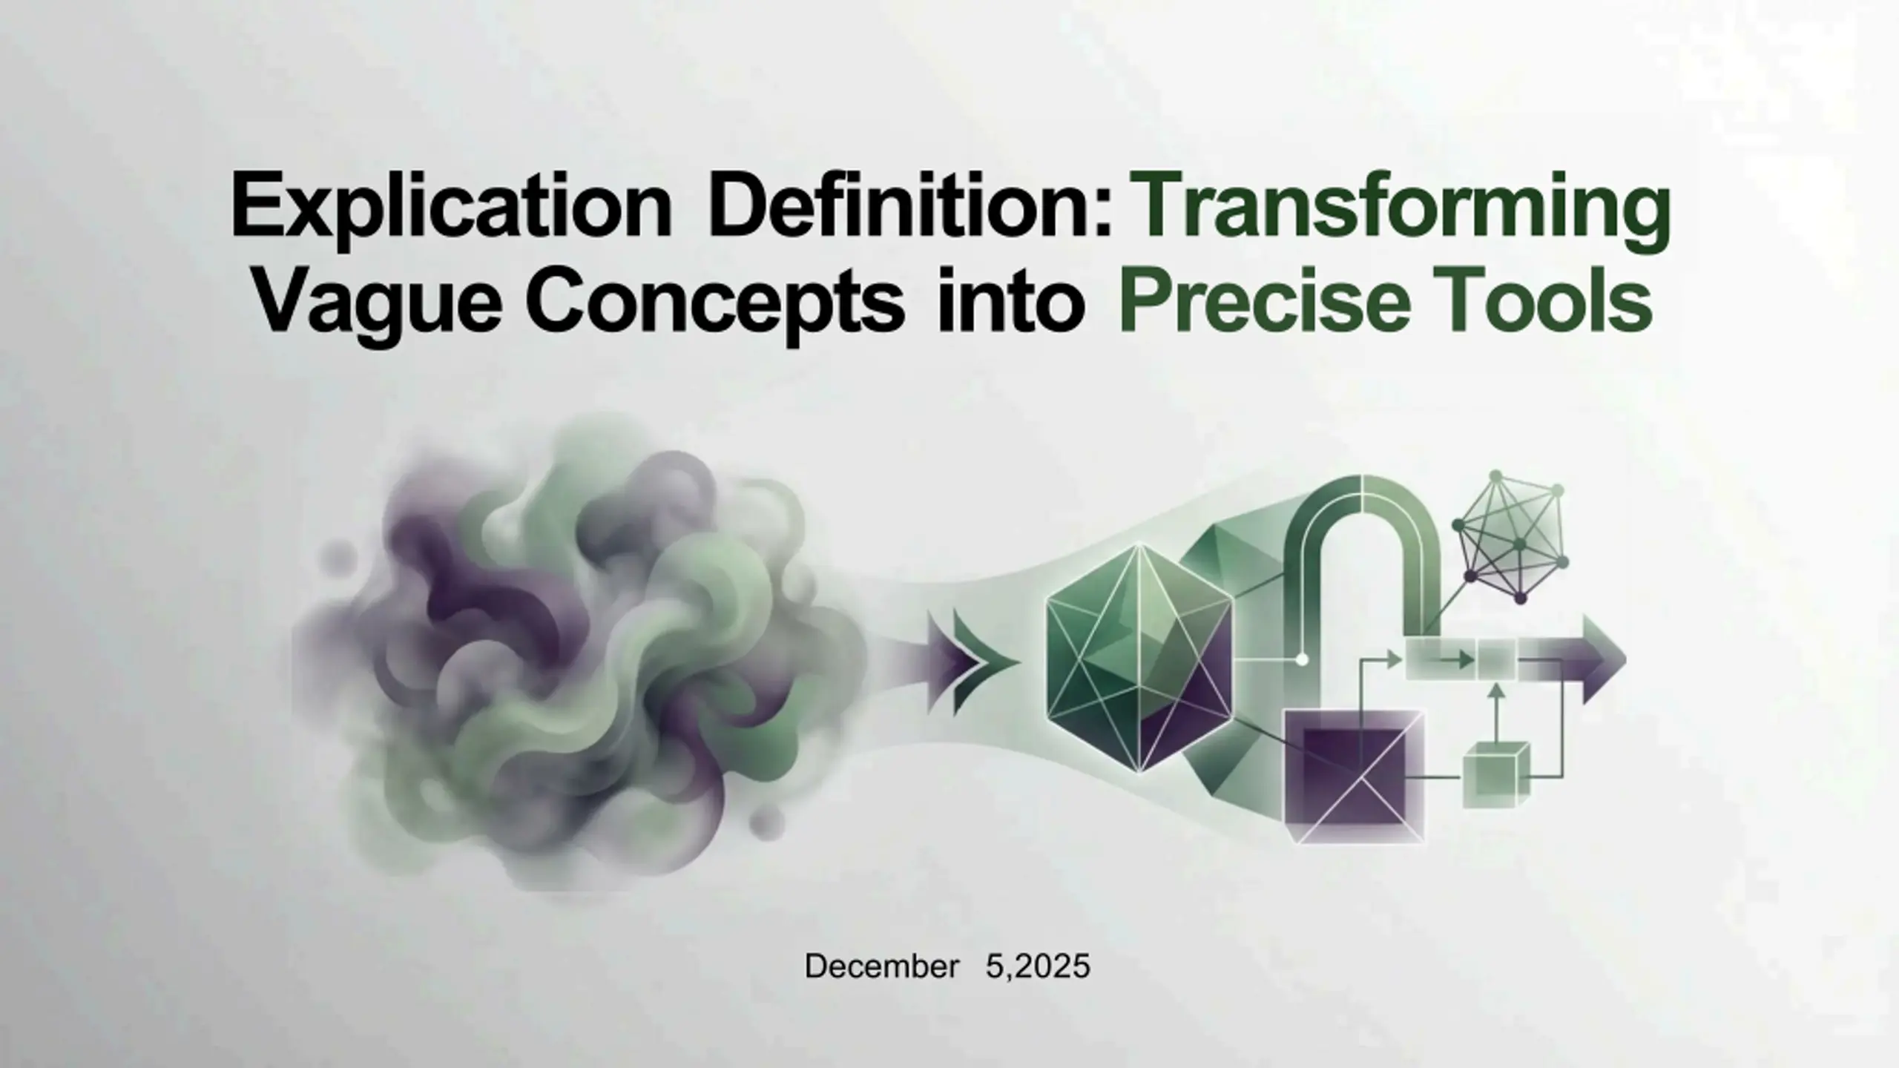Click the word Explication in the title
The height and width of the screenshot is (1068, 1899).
(x=451, y=204)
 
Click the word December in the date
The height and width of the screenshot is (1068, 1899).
(x=882, y=967)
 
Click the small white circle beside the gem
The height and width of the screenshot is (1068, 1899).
(x=1301, y=659)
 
